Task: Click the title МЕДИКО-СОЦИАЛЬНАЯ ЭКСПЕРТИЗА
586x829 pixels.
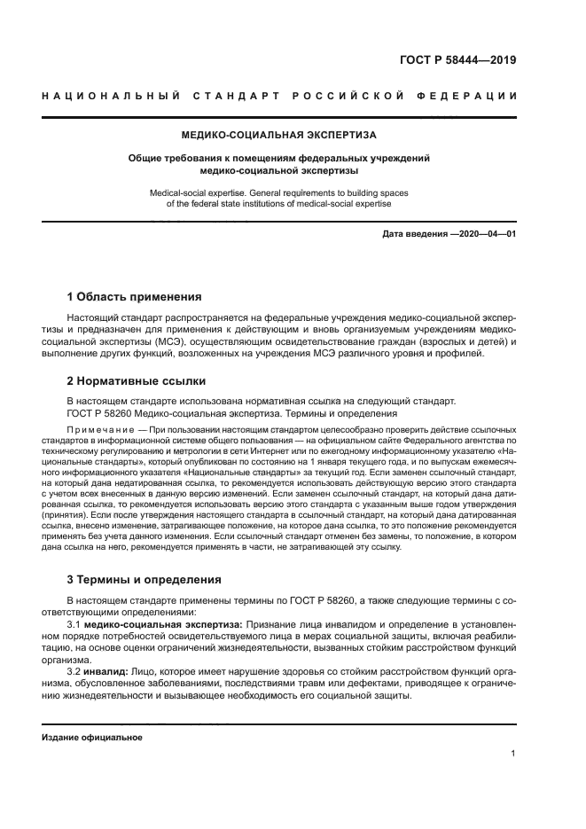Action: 278,136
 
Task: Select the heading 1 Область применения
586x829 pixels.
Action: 135,296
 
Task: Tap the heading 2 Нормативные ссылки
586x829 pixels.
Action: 137,381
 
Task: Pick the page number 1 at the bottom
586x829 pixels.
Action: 513,754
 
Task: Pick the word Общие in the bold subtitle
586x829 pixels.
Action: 146,158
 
